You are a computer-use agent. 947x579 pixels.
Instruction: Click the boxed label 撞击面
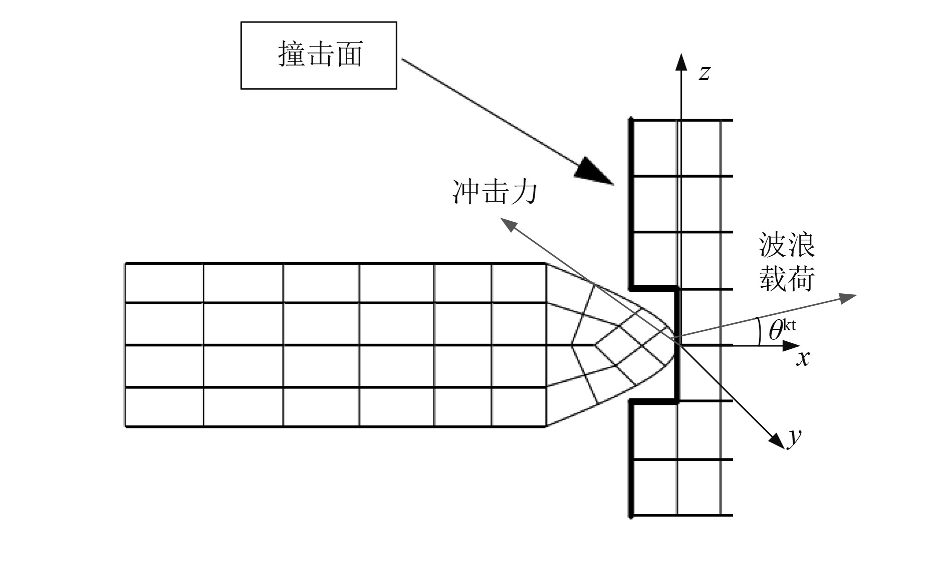coord(319,55)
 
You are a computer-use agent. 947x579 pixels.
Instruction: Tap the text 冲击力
coord(495,192)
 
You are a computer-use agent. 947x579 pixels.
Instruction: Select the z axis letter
coord(704,73)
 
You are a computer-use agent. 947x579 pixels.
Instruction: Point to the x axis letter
coord(803,358)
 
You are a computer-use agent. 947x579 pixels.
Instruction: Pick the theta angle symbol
coord(775,331)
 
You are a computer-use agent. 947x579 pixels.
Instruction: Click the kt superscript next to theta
coord(789,325)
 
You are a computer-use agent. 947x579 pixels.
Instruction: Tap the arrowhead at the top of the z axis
coord(681,61)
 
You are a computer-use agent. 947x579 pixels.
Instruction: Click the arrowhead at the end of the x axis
coord(792,345)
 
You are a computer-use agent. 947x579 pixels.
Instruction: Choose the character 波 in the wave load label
coord(773,245)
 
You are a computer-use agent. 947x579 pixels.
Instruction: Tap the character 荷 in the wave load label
coord(801,278)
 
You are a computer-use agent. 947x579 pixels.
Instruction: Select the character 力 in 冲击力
coord(524,192)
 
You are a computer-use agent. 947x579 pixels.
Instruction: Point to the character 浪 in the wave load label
coord(801,245)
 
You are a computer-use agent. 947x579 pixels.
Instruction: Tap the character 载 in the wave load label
coord(773,278)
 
